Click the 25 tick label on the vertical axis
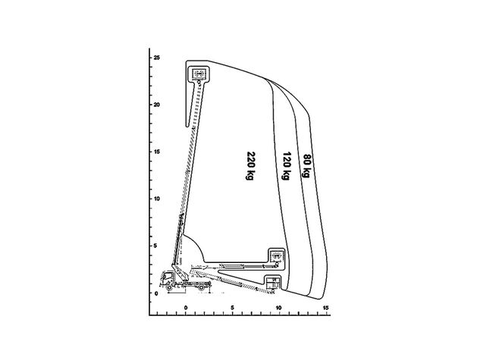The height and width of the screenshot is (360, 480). [157, 58]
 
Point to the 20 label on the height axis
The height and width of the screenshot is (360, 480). [157, 105]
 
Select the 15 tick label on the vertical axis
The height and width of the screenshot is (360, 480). [157, 152]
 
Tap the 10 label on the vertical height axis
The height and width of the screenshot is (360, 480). [157, 199]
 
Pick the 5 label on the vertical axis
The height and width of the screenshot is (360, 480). [156, 246]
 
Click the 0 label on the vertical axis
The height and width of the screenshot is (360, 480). [156, 293]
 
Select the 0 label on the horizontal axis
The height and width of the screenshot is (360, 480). [186, 308]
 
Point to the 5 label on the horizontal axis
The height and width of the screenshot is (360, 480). [233, 308]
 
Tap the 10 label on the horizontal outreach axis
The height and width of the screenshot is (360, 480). [278, 308]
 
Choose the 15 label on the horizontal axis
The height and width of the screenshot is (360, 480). [325, 308]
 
